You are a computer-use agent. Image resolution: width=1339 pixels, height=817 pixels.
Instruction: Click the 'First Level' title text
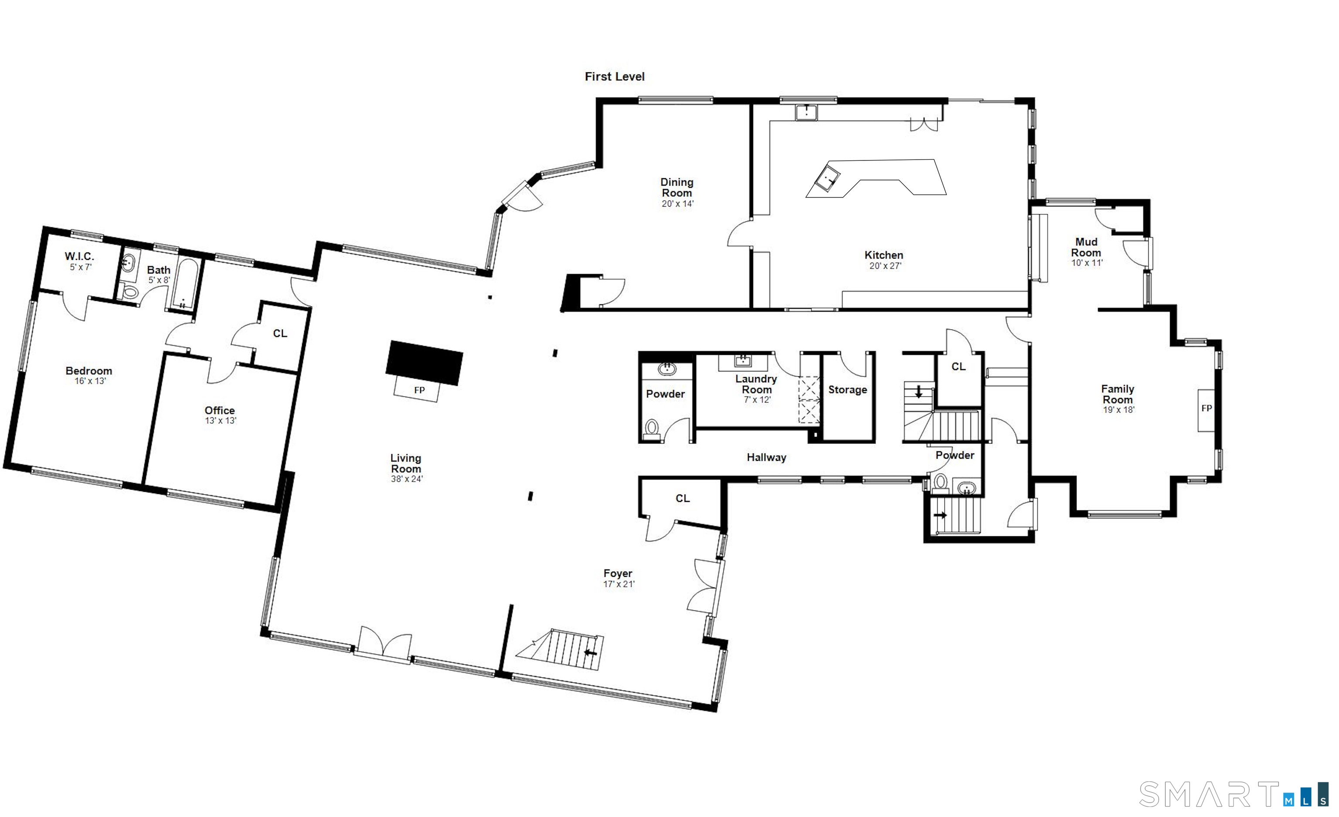click(614, 77)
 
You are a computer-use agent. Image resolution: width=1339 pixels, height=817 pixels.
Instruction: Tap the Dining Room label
click(676, 187)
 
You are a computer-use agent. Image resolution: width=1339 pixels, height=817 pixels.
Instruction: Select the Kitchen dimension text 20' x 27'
click(885, 266)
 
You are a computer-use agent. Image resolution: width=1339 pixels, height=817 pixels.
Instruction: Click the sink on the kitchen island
click(828, 179)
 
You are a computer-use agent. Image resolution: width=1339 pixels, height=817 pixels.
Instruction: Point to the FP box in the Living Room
click(419, 390)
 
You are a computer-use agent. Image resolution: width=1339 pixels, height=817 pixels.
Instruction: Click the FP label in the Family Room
click(1206, 408)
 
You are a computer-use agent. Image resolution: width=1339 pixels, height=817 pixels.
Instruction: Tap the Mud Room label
click(1086, 247)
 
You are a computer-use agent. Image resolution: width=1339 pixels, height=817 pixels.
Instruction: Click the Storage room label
click(847, 390)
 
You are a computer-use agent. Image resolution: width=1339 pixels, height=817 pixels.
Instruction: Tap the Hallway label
click(766, 457)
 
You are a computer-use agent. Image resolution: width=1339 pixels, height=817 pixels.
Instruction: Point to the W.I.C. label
click(79, 256)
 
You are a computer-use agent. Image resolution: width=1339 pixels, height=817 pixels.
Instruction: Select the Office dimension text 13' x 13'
click(220, 421)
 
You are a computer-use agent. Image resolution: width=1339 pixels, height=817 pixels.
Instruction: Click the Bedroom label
click(88, 371)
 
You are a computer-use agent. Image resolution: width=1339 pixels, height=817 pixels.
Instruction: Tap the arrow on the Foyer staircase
click(590, 652)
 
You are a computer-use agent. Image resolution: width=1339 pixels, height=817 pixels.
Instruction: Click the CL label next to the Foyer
click(683, 498)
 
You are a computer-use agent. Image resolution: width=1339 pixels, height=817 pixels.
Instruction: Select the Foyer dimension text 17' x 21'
click(619, 584)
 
